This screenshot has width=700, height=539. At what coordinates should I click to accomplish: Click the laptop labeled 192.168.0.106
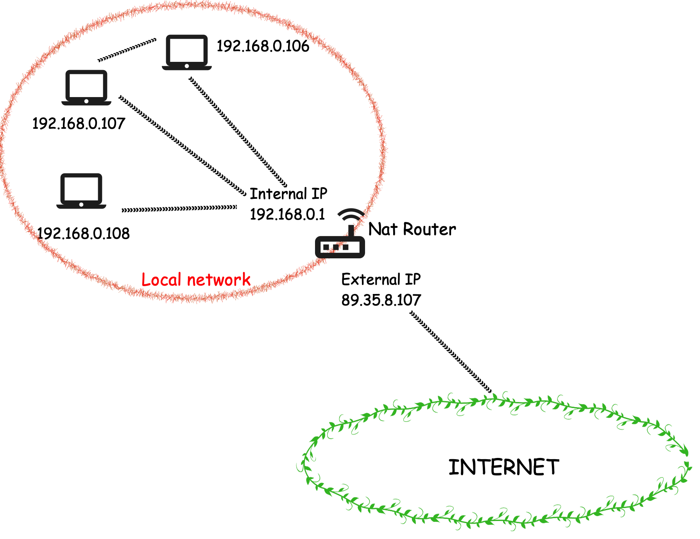tap(187, 52)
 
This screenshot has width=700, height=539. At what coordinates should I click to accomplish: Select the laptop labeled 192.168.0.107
tap(86, 88)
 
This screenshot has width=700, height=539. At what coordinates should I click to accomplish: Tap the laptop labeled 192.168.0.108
tap(81, 191)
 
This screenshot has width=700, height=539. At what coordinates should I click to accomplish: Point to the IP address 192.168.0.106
tap(263, 46)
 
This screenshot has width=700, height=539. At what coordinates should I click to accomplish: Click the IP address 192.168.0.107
tap(79, 124)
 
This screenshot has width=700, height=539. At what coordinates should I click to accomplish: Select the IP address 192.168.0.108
tap(83, 234)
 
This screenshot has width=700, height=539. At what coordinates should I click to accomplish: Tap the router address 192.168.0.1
tap(287, 215)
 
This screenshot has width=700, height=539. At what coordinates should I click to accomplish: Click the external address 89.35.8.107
tap(381, 300)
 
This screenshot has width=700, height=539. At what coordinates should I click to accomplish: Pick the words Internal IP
tap(288, 194)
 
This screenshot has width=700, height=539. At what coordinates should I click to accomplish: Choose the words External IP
tap(381, 279)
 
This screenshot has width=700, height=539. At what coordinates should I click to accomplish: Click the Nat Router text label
tap(412, 229)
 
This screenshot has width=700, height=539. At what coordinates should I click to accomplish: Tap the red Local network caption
tap(196, 280)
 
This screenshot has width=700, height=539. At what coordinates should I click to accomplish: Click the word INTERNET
tap(504, 467)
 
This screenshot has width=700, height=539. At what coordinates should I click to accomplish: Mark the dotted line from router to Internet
tap(451, 352)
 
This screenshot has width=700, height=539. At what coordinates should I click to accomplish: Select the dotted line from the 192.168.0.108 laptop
tap(179, 209)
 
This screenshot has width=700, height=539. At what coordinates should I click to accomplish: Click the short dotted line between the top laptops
tap(127, 50)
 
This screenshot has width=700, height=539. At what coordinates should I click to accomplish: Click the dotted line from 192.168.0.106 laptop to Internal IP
tap(238, 132)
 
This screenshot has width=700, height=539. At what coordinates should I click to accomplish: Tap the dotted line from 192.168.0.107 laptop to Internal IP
tap(183, 145)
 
